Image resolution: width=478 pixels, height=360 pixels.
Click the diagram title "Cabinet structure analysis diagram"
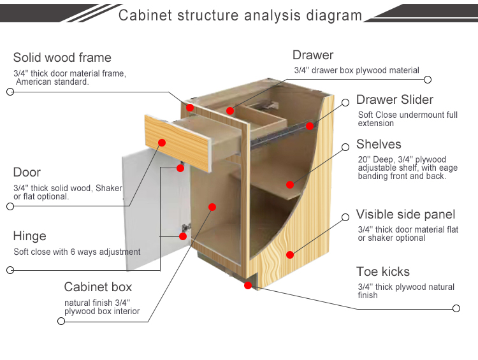(x=240, y=15)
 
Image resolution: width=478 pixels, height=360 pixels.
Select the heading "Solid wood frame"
(x=62, y=57)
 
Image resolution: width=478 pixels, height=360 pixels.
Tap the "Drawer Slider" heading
(x=395, y=99)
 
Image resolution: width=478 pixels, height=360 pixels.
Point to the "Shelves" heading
(x=379, y=144)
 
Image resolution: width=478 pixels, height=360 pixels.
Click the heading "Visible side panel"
(x=405, y=214)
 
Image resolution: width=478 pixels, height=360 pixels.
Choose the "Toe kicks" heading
(x=383, y=271)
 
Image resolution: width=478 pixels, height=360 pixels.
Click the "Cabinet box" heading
(x=98, y=287)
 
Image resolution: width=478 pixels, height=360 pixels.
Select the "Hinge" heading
(x=29, y=236)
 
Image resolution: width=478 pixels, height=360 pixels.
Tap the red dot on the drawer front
(x=162, y=142)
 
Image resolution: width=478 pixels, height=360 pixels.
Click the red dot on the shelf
(x=290, y=184)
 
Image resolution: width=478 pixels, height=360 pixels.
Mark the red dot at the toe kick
(x=248, y=285)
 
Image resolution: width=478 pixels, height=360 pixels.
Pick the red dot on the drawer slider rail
(x=310, y=126)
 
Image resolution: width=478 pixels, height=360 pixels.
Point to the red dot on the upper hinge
(x=180, y=168)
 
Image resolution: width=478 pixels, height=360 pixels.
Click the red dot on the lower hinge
(x=183, y=236)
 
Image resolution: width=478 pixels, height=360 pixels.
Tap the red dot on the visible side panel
(x=290, y=254)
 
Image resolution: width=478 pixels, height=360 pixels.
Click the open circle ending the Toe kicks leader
(x=456, y=308)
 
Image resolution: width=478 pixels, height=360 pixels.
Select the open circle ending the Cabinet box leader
(x=61, y=321)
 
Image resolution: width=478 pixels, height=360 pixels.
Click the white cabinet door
(x=152, y=210)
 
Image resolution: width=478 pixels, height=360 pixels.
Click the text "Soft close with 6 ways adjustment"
(x=77, y=252)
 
